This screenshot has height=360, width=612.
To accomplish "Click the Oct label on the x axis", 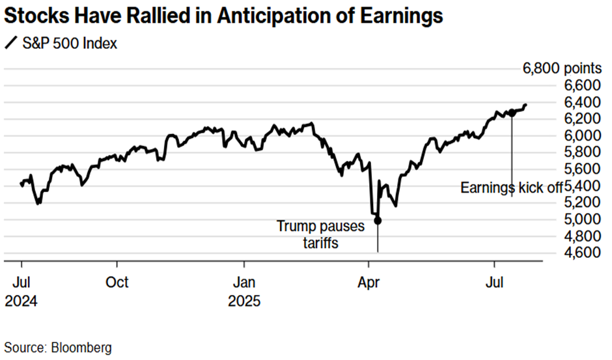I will tap(117, 283).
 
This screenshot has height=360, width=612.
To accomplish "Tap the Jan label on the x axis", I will tap(244, 283).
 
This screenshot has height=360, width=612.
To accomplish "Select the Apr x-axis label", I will tap(369, 283).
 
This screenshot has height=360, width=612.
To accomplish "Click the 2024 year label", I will tap(22, 302).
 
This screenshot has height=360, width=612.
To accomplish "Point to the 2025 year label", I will tap(244, 302).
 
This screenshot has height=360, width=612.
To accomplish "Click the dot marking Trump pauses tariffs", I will tap(378, 220).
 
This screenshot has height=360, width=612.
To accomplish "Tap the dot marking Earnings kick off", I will tap(512, 113).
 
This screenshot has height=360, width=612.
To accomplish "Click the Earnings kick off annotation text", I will tap(512, 187).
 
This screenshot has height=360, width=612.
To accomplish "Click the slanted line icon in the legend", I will tap(12, 45).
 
